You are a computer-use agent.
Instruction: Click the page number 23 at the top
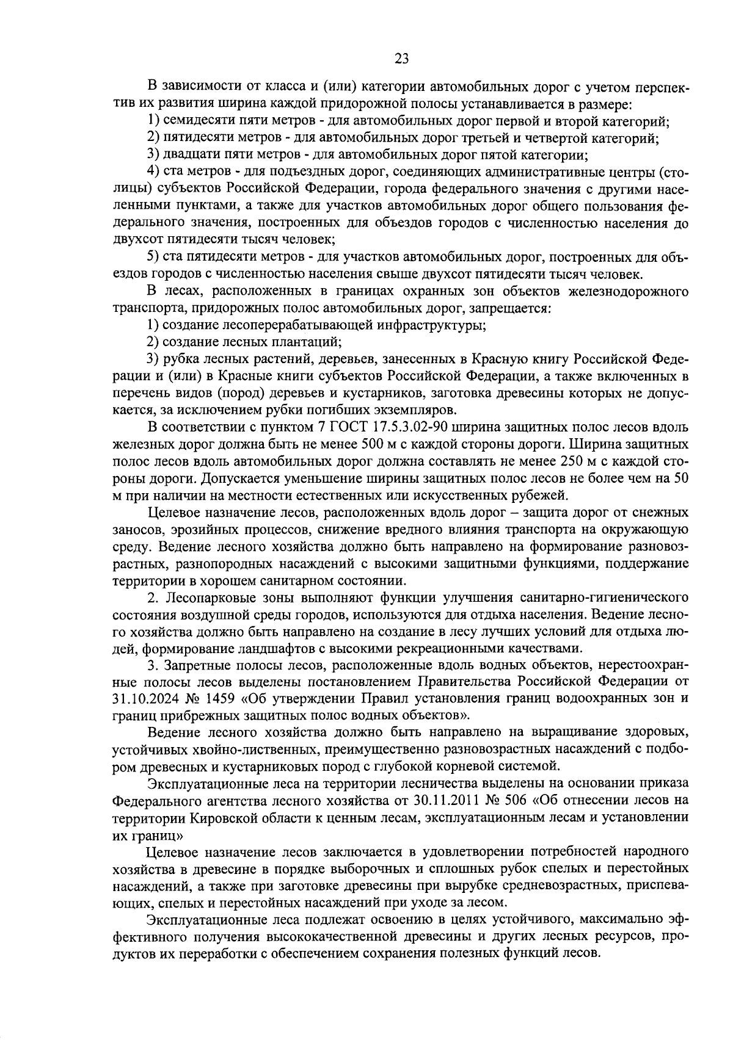click(x=401, y=59)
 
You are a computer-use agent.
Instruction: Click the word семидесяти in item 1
click(x=194, y=121)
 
